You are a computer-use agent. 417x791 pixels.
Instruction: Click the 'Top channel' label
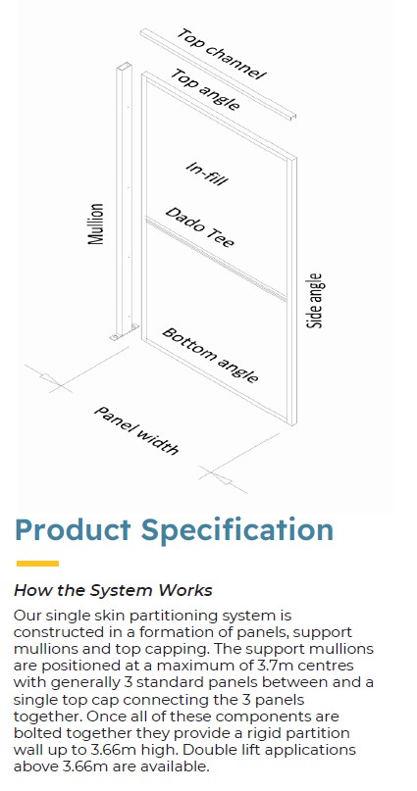(221, 55)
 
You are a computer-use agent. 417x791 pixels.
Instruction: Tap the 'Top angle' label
(205, 89)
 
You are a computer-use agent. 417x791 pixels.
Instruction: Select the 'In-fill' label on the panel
(205, 173)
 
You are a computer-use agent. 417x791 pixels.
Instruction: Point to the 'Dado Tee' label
(200, 227)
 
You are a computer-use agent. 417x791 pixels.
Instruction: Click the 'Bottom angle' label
(210, 355)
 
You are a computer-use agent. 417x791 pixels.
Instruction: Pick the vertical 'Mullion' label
(96, 224)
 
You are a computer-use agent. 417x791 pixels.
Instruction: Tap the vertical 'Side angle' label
(314, 301)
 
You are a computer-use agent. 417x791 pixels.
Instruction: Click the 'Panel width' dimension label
(136, 429)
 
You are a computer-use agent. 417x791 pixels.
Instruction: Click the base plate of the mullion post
(124, 332)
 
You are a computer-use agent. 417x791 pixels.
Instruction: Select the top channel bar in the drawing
(218, 74)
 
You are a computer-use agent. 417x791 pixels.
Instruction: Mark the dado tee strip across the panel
(216, 260)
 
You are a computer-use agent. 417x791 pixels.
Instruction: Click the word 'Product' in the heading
(73, 530)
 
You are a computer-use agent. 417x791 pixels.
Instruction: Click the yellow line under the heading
(37, 563)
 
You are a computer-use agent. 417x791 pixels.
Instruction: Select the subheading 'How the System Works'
(113, 590)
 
